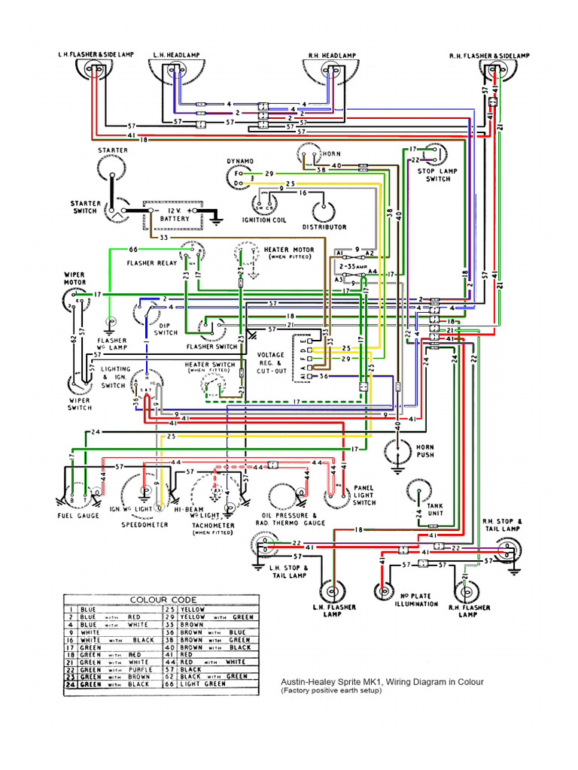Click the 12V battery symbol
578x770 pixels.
click(x=175, y=214)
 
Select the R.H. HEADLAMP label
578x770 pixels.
click(x=331, y=56)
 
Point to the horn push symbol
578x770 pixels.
click(x=395, y=452)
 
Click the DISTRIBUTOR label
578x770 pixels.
click(x=324, y=226)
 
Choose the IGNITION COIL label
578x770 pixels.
click(x=264, y=220)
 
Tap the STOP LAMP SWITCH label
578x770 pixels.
click(x=439, y=174)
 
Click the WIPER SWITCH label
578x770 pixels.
click(x=79, y=404)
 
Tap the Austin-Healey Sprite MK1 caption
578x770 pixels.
click(x=381, y=682)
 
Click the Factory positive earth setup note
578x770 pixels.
click(x=332, y=691)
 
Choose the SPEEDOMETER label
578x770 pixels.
click(x=145, y=525)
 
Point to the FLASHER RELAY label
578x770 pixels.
click(x=151, y=264)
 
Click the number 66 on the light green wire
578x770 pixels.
click(x=133, y=249)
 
